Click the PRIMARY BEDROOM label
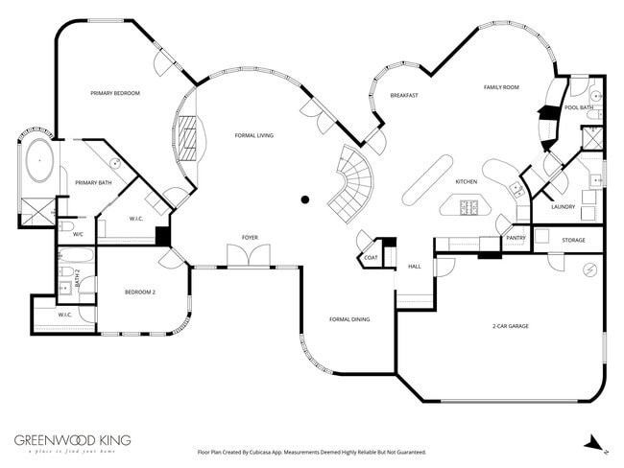click(115, 93)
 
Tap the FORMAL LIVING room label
click(254, 136)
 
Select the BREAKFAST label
click(403, 96)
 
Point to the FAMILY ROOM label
click(500, 87)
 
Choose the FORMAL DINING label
click(349, 319)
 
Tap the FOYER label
click(250, 237)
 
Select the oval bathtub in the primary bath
click(39, 161)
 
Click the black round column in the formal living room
click(305, 199)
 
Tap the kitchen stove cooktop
click(469, 205)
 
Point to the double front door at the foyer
click(243, 256)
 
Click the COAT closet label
click(371, 257)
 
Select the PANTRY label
click(516, 237)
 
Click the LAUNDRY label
click(564, 206)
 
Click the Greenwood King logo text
click(72, 440)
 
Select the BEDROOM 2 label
click(139, 292)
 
